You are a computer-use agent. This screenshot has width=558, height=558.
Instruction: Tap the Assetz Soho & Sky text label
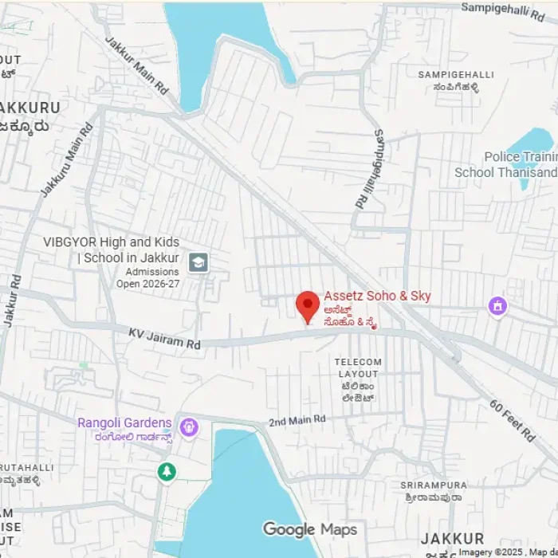point(377,296)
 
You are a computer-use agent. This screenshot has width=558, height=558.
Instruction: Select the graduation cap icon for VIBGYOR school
point(198,261)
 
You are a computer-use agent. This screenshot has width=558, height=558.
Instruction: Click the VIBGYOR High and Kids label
point(111,242)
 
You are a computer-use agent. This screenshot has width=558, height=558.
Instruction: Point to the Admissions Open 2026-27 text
point(147,277)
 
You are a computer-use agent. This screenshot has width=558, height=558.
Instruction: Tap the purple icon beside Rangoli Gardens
point(189,428)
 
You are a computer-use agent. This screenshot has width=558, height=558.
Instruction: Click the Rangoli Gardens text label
point(124,422)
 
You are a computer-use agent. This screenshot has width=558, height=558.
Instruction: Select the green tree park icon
point(166,472)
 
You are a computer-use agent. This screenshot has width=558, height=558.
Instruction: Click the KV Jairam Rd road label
point(164,336)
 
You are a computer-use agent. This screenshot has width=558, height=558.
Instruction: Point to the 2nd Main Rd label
point(297,419)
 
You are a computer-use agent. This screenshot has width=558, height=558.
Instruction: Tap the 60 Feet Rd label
point(513,420)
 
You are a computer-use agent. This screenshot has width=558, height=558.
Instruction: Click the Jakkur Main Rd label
point(138,63)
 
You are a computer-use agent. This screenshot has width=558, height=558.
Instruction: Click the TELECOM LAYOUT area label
point(358,367)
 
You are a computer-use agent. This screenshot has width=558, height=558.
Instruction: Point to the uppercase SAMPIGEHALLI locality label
point(455,74)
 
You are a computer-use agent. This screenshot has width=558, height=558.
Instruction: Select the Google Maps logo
point(310,529)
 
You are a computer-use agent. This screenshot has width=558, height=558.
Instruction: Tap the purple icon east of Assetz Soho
point(498,305)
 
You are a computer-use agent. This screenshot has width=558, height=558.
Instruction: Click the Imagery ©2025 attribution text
point(504,552)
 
